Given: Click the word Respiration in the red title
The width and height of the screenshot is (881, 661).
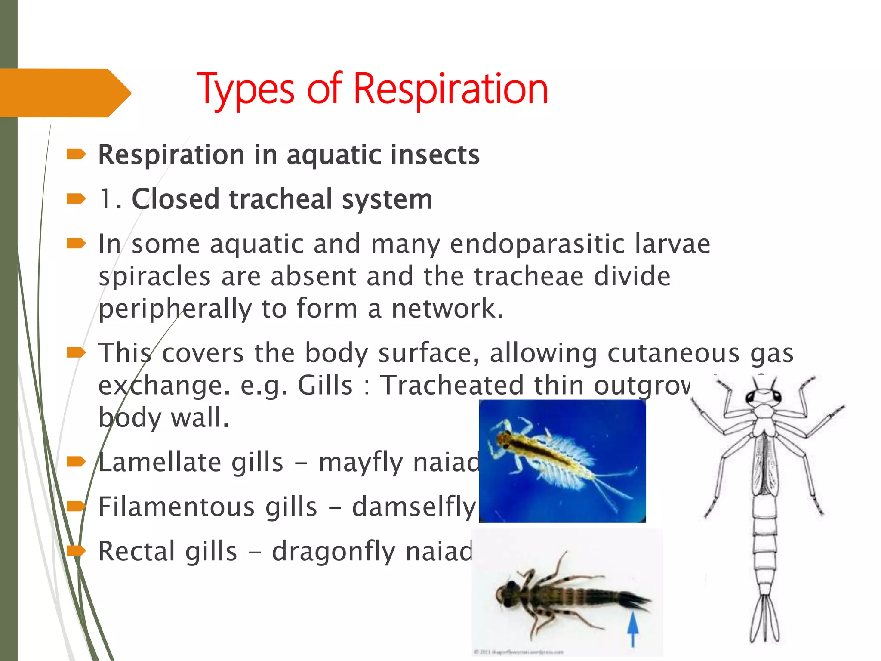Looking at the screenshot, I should pos(450,89).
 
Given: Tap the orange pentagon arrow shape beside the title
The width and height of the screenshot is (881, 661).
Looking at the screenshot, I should pos(65,93).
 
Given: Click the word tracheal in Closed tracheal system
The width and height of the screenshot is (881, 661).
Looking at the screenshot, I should pos(280,200).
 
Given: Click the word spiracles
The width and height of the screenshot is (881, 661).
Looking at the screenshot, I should pos(154,277).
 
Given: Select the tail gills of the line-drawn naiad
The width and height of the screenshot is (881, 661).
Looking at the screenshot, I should pos(764,620).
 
